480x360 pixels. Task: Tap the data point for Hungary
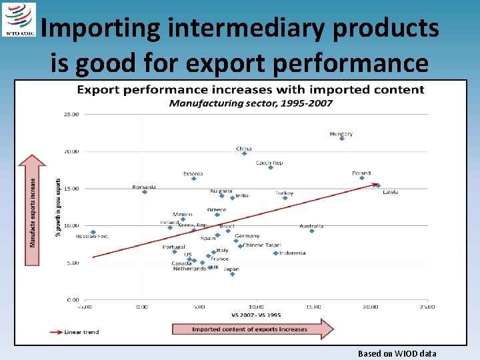coord(342,139)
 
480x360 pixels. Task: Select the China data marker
coord(245,153)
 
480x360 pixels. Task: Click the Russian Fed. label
coord(92,237)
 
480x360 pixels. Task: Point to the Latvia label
coord(391,192)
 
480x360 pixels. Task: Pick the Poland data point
coord(362,178)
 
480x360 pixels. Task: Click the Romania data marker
coord(145,192)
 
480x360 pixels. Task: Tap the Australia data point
coord(311,231)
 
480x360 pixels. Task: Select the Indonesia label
coord(293,253)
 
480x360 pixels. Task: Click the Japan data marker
coord(232,274)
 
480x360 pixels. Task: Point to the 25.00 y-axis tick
coord(71,114)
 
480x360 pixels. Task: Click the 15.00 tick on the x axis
coord(313,307)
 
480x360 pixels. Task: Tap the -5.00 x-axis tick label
coord(85,307)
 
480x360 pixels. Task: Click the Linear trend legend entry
coord(73,331)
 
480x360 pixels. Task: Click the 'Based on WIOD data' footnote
coord(397,353)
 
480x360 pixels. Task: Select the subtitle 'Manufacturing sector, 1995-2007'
coord(251,103)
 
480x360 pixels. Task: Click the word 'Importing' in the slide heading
coord(101,28)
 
